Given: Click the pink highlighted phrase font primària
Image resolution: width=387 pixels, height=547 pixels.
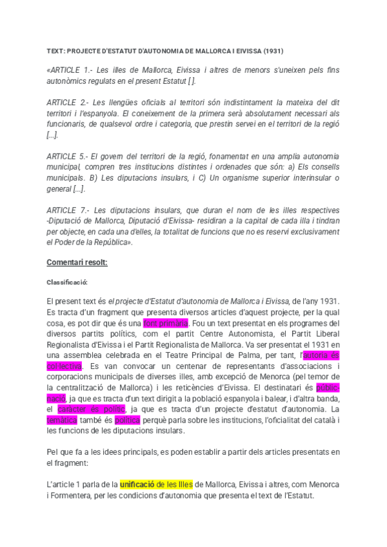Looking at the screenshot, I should coord(166,323).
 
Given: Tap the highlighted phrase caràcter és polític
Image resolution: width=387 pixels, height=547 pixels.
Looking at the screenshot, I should coord(91,410).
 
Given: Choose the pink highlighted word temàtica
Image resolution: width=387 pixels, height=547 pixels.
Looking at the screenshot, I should coord(62,421).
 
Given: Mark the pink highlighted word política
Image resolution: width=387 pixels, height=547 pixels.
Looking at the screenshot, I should coord(127,421).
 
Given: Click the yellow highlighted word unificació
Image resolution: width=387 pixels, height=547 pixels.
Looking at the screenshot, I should coord(139,484).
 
